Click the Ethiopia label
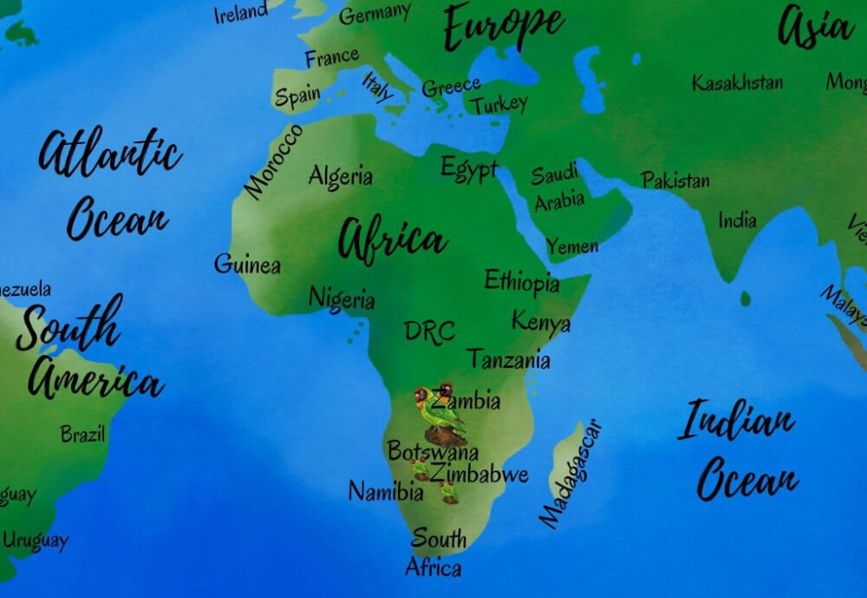(x=521, y=281)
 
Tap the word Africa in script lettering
(x=392, y=239)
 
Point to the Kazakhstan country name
(x=737, y=82)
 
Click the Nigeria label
(x=342, y=299)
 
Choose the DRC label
(x=429, y=332)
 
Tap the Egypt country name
(x=469, y=168)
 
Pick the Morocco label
(x=273, y=161)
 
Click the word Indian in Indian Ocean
(x=736, y=422)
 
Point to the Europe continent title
(x=503, y=26)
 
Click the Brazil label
(x=82, y=433)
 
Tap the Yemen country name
(x=572, y=246)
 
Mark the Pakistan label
(x=675, y=181)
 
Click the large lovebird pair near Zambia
(x=436, y=405)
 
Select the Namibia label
(x=386, y=492)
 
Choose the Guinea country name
(x=247, y=264)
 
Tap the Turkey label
(x=499, y=105)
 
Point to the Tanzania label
(x=508, y=358)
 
